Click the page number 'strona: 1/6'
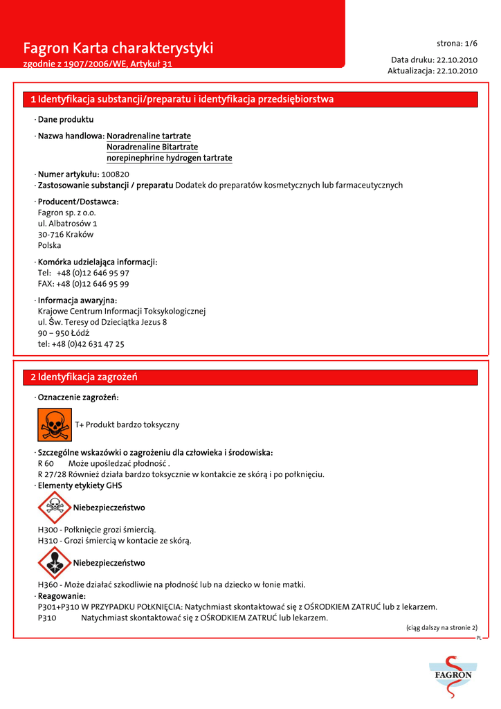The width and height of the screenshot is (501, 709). (x=457, y=43)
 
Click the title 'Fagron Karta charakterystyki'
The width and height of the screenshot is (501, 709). (x=118, y=48)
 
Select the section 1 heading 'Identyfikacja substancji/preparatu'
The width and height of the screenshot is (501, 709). (x=182, y=99)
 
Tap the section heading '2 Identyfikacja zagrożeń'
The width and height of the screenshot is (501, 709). (x=84, y=377)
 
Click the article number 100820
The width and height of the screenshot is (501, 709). (x=115, y=174)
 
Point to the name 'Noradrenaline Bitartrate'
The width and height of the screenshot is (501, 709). (x=152, y=147)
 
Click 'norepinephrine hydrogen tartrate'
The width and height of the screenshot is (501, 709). (x=169, y=159)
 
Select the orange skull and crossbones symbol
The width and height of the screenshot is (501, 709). (x=55, y=424)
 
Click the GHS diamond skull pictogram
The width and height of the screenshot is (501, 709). (x=55, y=508)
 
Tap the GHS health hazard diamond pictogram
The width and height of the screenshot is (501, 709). (x=55, y=562)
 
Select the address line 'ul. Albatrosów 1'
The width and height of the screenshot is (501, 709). (x=68, y=224)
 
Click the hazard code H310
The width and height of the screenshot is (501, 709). (x=48, y=541)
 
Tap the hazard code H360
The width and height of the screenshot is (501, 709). (x=48, y=584)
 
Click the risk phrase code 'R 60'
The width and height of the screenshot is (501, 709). (x=46, y=463)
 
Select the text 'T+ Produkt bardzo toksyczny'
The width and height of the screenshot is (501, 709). (x=127, y=424)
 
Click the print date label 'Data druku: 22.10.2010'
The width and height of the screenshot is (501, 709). (x=434, y=60)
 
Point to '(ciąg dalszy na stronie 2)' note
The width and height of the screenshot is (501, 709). (x=441, y=627)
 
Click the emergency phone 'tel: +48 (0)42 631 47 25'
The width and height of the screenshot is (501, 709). (x=81, y=344)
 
